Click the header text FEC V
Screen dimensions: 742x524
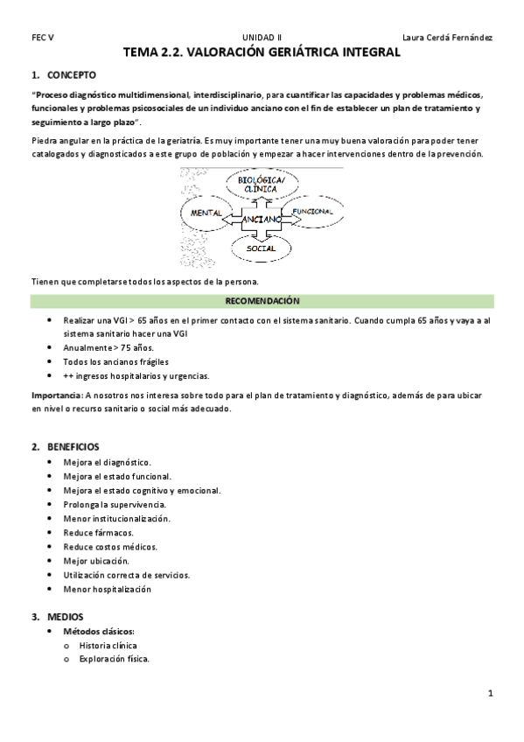42,38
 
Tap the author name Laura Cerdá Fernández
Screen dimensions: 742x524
446,38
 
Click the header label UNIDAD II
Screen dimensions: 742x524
260,38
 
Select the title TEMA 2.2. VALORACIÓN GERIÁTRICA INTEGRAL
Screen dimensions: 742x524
262,53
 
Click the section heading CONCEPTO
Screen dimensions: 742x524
72,75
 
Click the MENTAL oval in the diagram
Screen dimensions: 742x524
206,213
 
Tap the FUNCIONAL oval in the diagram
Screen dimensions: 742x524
312,213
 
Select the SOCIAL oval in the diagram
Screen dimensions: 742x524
260,248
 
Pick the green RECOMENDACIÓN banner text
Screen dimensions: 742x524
262,301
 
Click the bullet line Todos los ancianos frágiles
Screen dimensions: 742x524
115,361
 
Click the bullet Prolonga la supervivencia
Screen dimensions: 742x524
115,505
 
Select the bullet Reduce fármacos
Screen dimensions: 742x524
98,533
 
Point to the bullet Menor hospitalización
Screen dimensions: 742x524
107,589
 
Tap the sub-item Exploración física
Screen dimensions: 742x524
114,659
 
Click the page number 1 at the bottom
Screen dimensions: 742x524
491,694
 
